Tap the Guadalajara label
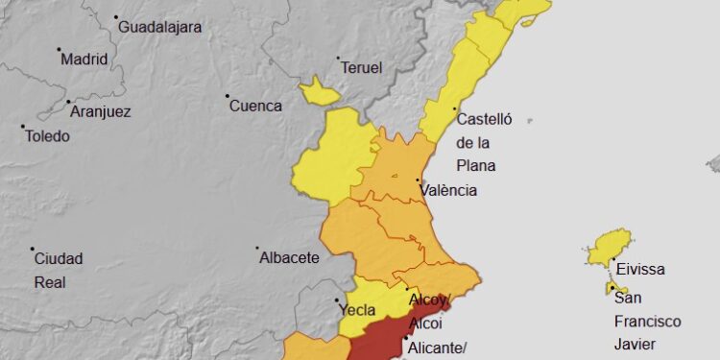(160, 27)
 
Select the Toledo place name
(48, 136)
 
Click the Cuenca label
(255, 106)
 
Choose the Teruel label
(363, 68)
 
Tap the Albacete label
(290, 258)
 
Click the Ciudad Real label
(59, 270)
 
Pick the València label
(449, 190)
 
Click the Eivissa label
(639, 270)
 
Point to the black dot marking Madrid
(59, 50)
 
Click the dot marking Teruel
(338, 59)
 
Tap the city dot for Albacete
(258, 249)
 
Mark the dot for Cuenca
(228, 96)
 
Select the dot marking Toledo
(23, 127)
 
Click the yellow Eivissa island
(611, 246)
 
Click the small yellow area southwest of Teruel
(319, 93)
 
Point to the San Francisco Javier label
(647, 321)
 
